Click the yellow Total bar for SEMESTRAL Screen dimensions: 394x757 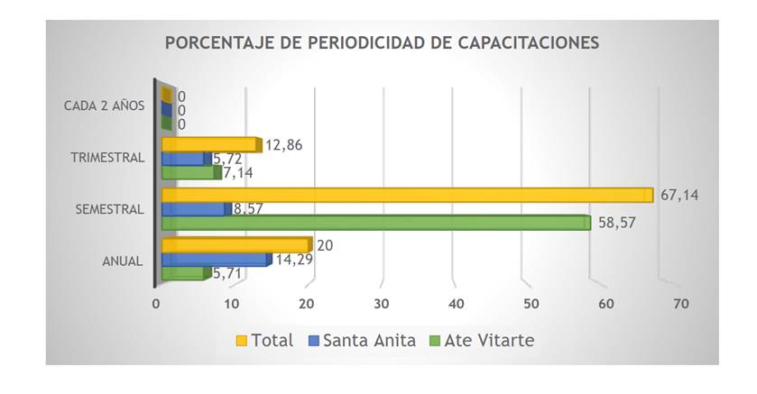[406, 195]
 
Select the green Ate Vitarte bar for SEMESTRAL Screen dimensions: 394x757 [374, 223]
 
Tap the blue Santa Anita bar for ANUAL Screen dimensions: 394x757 [215, 260]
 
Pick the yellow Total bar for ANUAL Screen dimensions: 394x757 [236, 245]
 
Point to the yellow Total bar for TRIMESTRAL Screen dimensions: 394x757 [210, 144]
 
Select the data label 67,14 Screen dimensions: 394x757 [680, 194]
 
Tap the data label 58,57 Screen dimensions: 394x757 [618, 222]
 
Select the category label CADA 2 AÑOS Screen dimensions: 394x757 [104, 105]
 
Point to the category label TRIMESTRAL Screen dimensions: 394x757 [108, 158]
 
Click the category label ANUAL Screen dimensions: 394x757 [122, 261]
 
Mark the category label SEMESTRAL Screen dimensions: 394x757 [110, 209]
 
